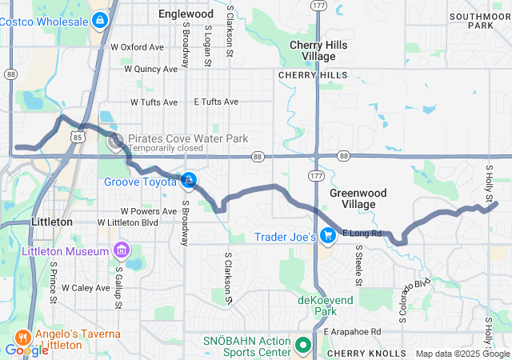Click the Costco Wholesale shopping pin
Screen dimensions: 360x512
(x=99, y=20)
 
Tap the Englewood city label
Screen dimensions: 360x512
(x=186, y=14)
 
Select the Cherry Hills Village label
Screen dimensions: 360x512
(x=318, y=51)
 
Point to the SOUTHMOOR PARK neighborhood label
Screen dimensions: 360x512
(x=480, y=20)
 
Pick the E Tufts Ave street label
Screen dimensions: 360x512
(x=216, y=102)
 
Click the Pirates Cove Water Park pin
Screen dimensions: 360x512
(x=115, y=141)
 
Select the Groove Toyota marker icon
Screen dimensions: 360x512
(x=189, y=181)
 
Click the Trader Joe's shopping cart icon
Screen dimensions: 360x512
(x=327, y=236)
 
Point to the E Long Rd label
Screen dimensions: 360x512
(x=362, y=234)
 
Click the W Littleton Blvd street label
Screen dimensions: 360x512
(x=128, y=222)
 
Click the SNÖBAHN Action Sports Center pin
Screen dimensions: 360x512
(x=302, y=346)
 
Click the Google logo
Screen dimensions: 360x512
(x=26, y=350)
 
